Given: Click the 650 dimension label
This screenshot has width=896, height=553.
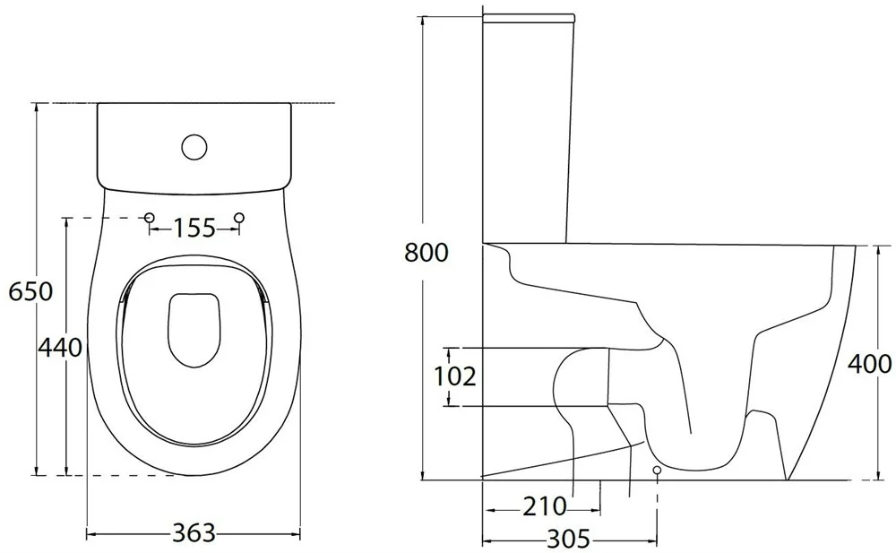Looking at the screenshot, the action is (30, 291).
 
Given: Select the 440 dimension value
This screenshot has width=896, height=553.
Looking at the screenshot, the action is (60, 347).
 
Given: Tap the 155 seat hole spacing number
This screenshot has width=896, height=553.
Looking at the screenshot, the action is (194, 229).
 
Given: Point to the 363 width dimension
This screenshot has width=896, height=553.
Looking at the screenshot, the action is (194, 533).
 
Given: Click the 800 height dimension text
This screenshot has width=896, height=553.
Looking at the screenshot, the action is (426, 252).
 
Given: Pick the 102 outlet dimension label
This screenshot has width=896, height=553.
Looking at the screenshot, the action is (455, 376).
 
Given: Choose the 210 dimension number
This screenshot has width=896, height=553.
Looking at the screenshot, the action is (545, 506).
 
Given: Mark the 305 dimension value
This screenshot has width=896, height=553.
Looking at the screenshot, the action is (569, 539).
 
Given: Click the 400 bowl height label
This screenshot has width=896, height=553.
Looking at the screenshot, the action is (869, 364).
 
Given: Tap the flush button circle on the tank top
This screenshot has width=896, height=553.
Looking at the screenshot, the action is (194, 146).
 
